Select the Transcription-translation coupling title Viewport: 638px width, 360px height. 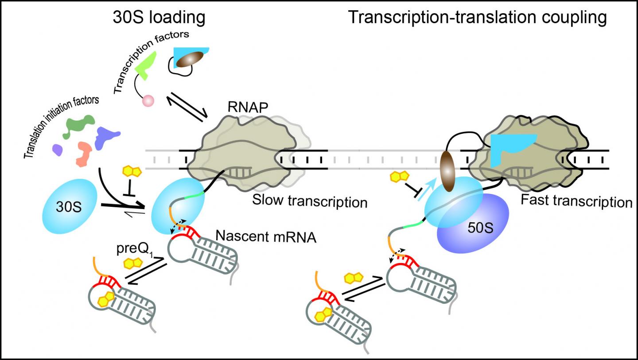477,18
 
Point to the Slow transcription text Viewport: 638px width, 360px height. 310,202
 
